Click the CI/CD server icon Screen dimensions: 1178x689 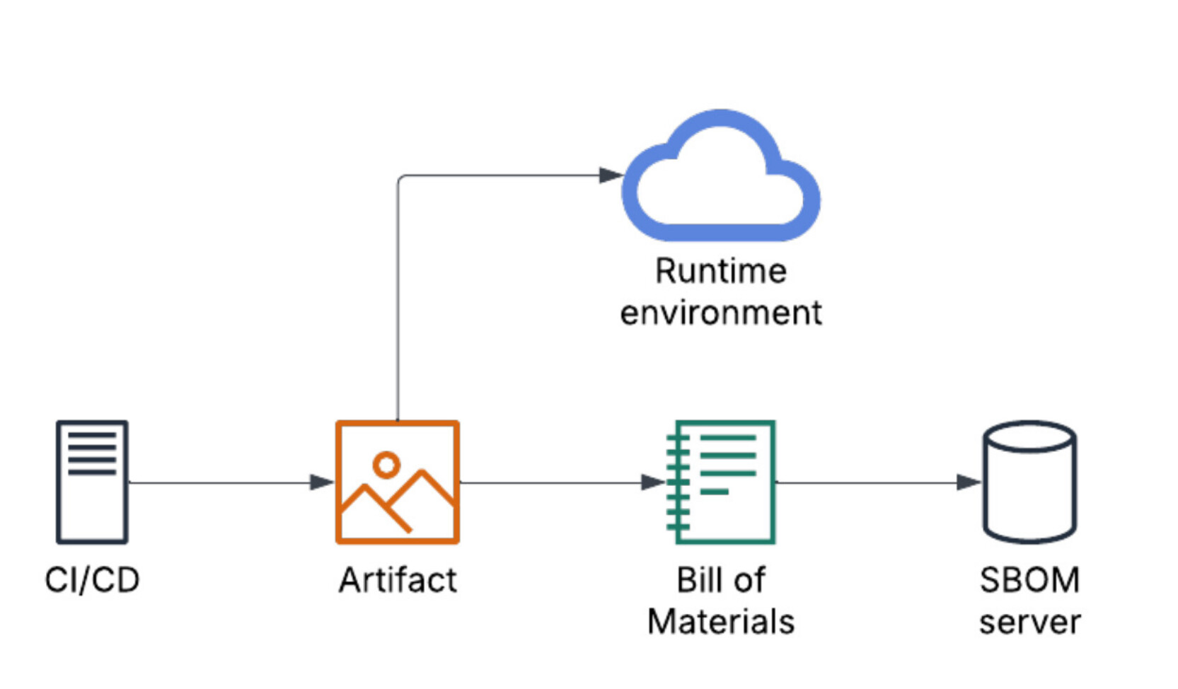[x=92, y=482]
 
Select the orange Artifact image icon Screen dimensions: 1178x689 [x=398, y=482]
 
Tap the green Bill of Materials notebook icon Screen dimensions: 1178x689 [x=720, y=482]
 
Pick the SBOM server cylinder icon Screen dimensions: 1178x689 [x=1029, y=482]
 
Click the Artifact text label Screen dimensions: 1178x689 [x=398, y=580]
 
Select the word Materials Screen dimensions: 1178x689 [x=720, y=623]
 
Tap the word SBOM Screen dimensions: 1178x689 [x=1029, y=580]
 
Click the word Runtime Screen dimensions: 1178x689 [x=721, y=272]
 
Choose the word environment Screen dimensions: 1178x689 [x=721, y=313]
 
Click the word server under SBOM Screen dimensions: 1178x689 [x=1029, y=623]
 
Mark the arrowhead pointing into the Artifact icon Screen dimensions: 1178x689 [x=322, y=482]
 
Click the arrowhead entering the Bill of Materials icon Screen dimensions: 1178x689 [x=653, y=482]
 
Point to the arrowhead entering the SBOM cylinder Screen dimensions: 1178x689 [x=969, y=482]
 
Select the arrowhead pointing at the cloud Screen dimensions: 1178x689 [x=611, y=175]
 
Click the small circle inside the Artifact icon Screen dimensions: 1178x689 [x=386, y=465]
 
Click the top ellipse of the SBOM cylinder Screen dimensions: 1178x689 [x=1029, y=436]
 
